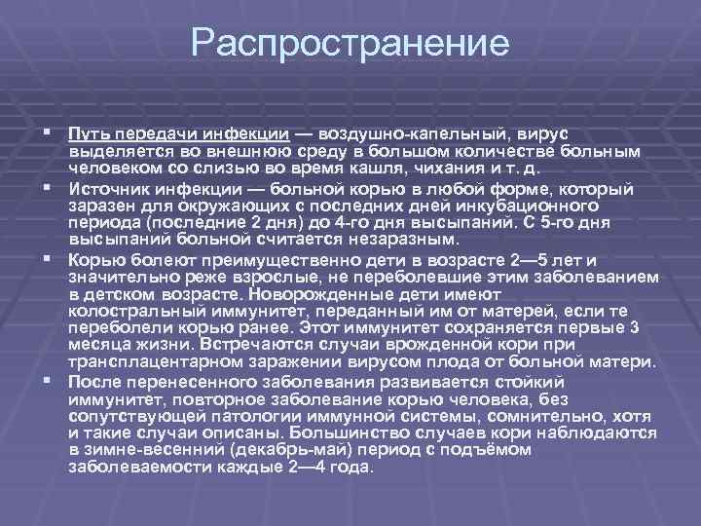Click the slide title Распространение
pyautogui.click(x=350, y=44)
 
